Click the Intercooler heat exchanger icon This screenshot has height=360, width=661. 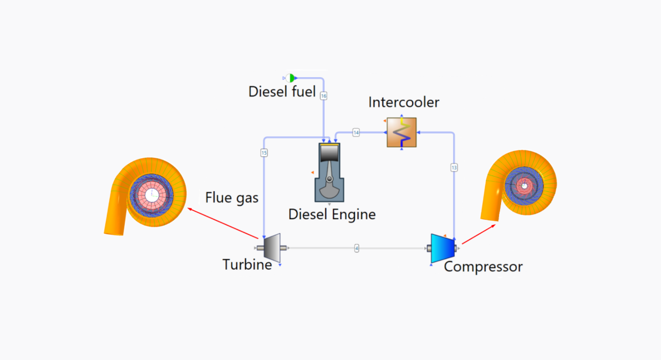pos(401,132)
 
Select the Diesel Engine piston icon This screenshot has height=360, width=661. pos(329,172)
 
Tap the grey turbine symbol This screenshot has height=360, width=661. pos(272,248)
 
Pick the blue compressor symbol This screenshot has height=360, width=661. pos(442,248)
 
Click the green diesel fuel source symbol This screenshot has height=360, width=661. pos(291,78)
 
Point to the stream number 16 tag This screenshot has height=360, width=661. pos(323,96)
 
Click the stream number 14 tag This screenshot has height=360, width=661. pos(356,132)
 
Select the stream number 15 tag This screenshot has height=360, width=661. pos(264,153)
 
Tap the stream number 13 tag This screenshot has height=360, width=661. pos(454,168)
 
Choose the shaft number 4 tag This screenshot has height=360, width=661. pos(357,248)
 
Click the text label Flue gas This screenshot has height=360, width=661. pos(232,198)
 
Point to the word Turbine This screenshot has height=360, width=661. pos(247,264)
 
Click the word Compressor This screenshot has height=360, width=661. pos(483,266)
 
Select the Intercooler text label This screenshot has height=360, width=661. pos(403,102)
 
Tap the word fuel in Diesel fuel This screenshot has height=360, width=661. pos(303,91)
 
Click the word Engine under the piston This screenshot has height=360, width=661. pos(354,215)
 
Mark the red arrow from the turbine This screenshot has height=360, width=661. pos(223,223)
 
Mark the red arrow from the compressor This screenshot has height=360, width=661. pos(479,234)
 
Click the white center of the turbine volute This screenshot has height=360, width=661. pos(152,195)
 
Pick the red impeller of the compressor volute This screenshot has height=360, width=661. pos(524,186)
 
